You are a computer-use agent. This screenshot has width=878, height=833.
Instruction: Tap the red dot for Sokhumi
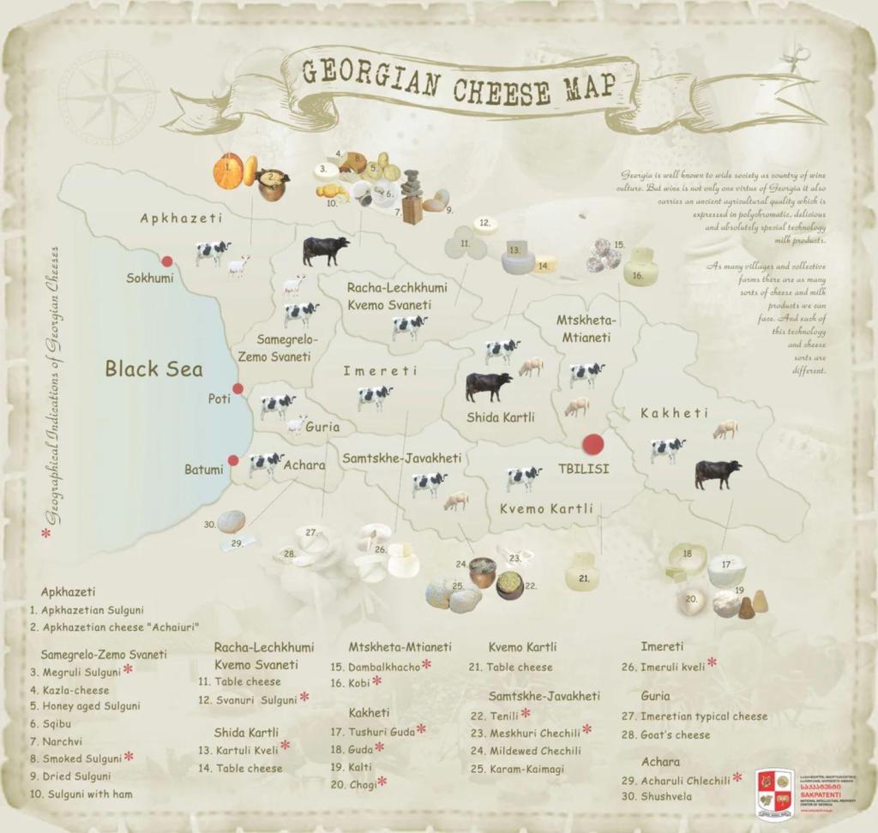167,261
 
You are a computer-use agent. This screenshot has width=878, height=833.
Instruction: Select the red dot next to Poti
238,389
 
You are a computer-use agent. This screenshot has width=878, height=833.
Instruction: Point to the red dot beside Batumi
233,460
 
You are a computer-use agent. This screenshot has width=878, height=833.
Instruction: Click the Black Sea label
153,369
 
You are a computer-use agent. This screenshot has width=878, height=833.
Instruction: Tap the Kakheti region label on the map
675,414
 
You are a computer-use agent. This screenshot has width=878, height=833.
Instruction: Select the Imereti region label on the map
380,371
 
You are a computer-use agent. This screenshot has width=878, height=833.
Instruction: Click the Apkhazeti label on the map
181,219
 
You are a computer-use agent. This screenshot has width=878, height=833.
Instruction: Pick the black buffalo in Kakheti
718,473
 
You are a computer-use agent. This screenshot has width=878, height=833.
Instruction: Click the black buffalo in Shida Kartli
488,386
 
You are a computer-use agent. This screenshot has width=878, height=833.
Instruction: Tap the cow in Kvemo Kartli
523,477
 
